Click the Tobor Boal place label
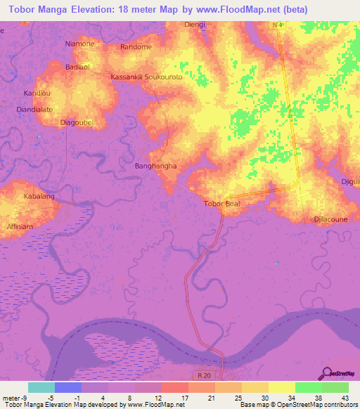click(x=221, y=204)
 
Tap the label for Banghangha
click(x=155, y=167)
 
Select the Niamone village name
click(x=79, y=44)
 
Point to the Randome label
click(x=136, y=47)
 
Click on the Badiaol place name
click(x=77, y=67)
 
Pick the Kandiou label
click(x=37, y=93)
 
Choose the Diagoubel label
click(x=77, y=122)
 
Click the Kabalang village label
click(x=39, y=196)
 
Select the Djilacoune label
click(x=330, y=219)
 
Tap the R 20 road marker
click(x=205, y=376)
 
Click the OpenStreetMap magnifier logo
click(x=327, y=374)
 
